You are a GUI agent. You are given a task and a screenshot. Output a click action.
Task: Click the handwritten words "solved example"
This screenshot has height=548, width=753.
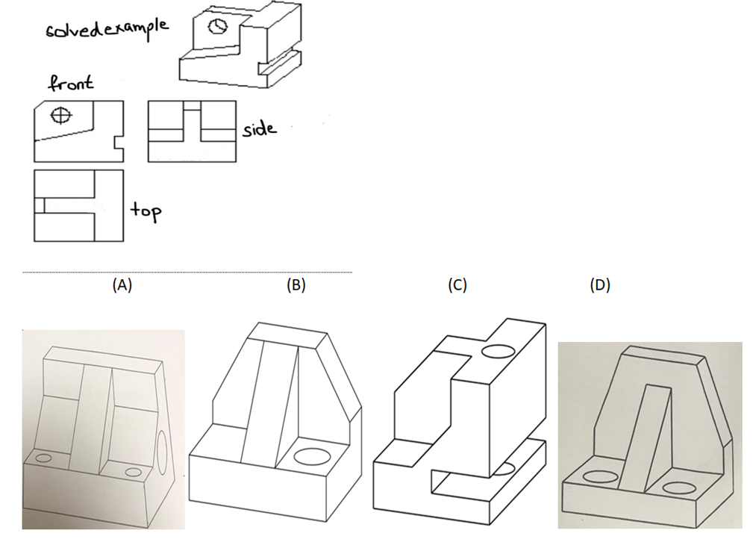click(x=107, y=31)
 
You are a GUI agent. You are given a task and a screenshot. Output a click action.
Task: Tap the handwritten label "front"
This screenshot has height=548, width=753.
click(x=71, y=82)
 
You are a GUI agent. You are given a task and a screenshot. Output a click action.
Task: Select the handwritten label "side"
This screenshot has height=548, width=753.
click(x=259, y=128)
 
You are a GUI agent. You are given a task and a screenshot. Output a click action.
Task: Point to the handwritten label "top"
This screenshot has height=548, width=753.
click(x=146, y=211)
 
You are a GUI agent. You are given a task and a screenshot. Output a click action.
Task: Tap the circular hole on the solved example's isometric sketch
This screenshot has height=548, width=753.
click(x=216, y=26)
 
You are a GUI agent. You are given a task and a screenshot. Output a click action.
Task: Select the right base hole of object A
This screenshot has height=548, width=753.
click(x=134, y=471)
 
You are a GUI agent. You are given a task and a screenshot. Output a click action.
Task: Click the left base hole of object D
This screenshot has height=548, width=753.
click(x=598, y=476)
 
